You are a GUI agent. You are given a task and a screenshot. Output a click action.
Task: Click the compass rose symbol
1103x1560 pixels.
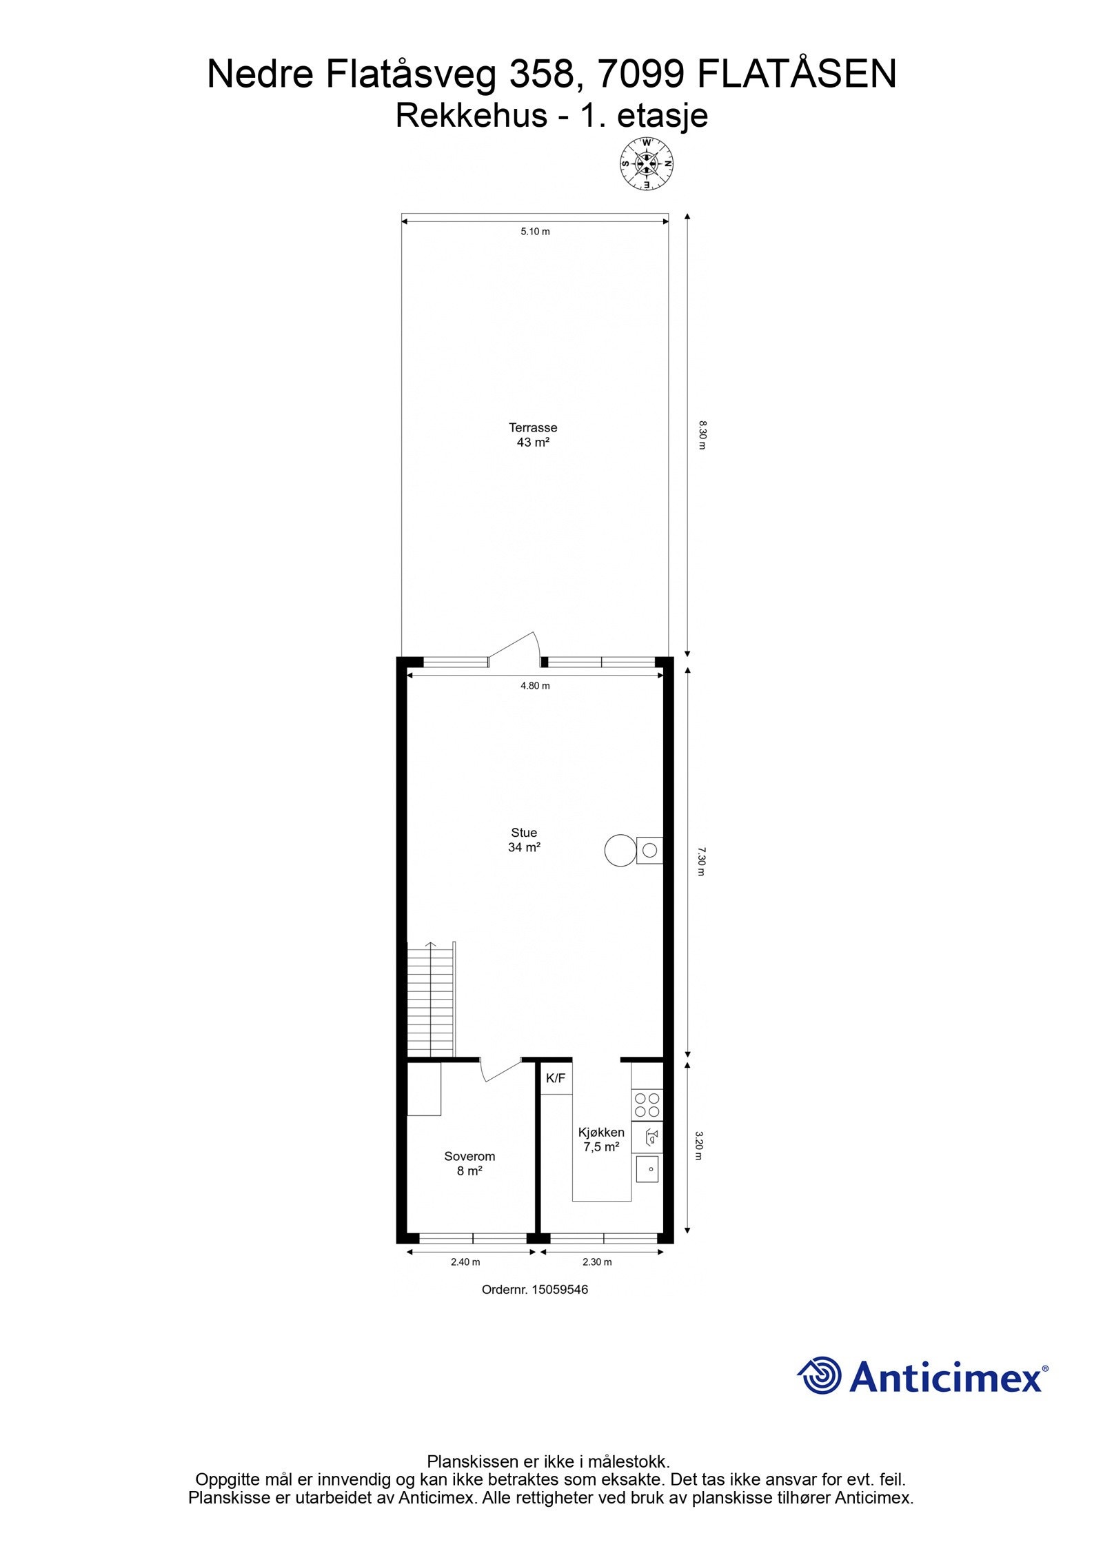point(646,164)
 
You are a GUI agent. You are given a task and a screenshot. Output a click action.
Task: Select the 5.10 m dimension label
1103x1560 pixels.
point(535,232)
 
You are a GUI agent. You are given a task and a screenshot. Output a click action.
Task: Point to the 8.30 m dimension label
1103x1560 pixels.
point(702,435)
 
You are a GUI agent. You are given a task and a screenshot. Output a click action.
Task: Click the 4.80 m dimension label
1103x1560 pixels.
point(535,686)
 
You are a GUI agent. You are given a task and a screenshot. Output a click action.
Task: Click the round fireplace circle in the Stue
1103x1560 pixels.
point(619,850)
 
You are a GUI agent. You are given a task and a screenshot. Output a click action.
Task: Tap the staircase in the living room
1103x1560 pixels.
point(432,1000)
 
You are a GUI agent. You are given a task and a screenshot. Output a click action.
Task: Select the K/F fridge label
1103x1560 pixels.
point(556,1079)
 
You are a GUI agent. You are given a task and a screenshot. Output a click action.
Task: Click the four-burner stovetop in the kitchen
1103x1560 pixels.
point(647,1105)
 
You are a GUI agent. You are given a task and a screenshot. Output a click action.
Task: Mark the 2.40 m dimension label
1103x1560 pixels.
point(465,1262)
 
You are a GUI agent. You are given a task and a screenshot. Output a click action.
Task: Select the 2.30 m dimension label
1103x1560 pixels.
point(597,1262)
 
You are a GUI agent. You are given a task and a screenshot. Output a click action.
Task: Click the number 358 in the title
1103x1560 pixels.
point(541,74)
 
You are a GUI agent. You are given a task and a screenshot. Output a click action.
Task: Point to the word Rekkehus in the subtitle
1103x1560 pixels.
point(471,115)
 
